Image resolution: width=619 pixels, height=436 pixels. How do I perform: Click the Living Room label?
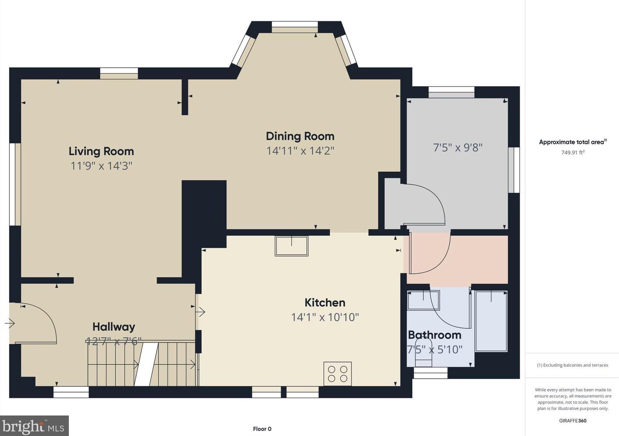(101, 151)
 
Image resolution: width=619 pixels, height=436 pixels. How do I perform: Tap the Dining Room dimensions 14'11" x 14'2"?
(300, 151)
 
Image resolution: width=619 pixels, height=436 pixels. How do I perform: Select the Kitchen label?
(325, 302)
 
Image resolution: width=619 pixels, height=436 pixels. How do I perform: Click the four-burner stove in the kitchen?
(338, 373)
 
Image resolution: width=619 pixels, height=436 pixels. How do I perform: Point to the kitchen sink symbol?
(291, 246)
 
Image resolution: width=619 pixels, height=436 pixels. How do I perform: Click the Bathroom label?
(434, 335)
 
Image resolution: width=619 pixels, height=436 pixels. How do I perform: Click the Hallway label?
(114, 327)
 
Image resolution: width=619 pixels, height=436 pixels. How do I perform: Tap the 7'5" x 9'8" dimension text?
(458, 148)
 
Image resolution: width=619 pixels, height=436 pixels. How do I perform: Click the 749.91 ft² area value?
(572, 152)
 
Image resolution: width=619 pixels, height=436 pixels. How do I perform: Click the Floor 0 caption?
(262, 429)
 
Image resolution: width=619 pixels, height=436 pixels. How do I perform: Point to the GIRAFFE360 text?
(572, 421)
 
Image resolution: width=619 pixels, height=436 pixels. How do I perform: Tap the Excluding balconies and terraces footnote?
(572, 365)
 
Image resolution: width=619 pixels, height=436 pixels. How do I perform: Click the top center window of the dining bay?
(295, 27)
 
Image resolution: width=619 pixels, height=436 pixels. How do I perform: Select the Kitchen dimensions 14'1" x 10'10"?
(325, 317)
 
